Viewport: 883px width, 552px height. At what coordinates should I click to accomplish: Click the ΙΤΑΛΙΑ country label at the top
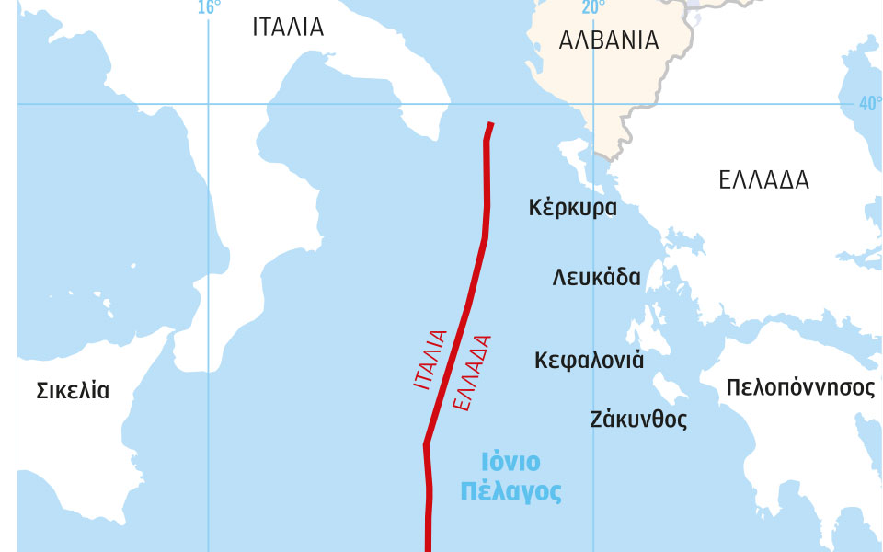tap(288, 27)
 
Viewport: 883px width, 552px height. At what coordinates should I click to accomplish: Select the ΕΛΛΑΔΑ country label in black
tap(763, 180)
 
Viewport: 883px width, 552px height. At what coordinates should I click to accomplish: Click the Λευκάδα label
tap(597, 277)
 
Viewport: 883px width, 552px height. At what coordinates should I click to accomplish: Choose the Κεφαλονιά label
tap(589, 360)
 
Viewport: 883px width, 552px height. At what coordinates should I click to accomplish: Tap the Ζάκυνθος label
tap(638, 420)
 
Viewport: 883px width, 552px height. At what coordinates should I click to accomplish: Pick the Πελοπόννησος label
tap(800, 387)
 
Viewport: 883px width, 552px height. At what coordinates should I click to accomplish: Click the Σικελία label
tap(73, 391)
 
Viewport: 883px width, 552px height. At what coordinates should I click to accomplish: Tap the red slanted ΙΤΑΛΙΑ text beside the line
tap(430, 360)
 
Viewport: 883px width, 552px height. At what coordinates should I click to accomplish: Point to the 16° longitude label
tap(210, 8)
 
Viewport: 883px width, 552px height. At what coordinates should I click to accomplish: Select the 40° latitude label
tap(869, 103)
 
